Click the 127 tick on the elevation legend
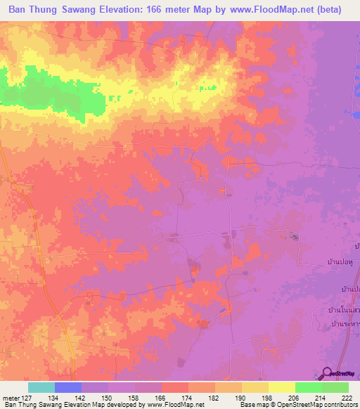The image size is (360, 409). coord(27,398)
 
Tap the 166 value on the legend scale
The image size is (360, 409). coord(161,398)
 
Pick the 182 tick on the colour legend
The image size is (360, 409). coord(214,398)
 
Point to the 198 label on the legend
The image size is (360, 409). coord(268,398)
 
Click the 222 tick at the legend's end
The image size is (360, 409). coord(348,398)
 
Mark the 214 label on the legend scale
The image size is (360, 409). coord(321,398)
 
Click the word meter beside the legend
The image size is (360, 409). coord(9,398)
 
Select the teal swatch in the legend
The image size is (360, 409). coord(41,387)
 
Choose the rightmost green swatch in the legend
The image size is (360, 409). coord(335,387)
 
